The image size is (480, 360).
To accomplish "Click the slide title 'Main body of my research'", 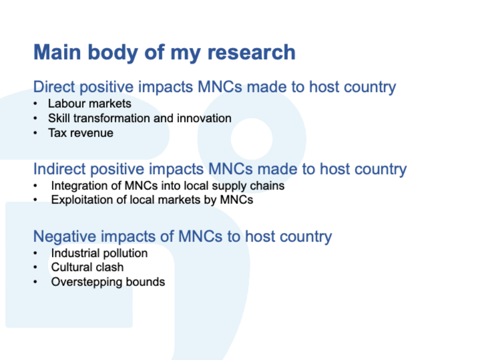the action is (164, 52).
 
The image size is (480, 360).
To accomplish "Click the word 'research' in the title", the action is (251, 52).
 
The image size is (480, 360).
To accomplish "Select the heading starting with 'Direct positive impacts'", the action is (214, 87).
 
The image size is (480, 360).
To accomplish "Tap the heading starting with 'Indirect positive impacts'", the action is (220, 169).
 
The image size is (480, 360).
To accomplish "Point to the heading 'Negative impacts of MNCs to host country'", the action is (182, 236).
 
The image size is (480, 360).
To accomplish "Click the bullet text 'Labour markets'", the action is (89, 103).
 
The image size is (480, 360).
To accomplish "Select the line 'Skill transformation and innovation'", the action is (139, 118).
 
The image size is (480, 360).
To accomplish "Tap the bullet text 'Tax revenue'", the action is (81, 133).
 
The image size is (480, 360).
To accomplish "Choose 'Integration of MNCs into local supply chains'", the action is (168, 186).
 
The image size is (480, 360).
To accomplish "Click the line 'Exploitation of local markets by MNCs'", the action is (152, 200).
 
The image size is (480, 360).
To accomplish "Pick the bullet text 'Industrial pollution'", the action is (99, 253).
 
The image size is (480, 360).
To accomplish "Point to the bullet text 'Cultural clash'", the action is (87, 267).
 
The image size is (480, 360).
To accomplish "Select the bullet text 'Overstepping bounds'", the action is (108, 282).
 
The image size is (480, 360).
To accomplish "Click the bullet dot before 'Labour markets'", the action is (35, 104).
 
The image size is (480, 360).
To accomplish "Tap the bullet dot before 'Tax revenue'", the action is (35, 133).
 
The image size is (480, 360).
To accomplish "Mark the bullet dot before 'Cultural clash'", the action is (35, 267).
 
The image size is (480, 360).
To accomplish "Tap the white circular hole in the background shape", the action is (251, 139).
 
